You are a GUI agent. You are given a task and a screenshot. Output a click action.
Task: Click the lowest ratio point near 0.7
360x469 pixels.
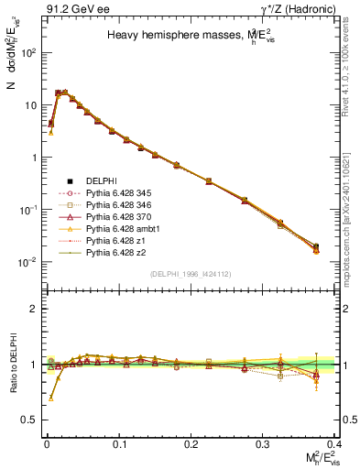[x=50, y=398]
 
